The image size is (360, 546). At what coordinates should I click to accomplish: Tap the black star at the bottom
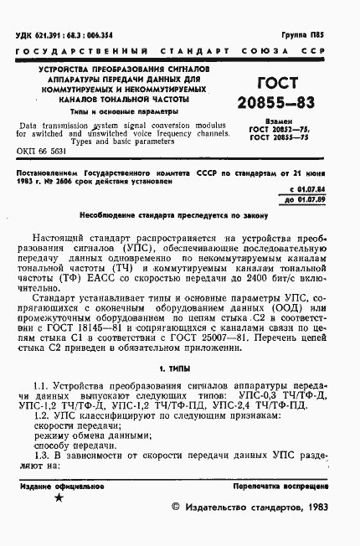58,497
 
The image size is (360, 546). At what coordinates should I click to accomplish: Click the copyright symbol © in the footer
175,507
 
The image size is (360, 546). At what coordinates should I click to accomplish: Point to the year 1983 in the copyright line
314,507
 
